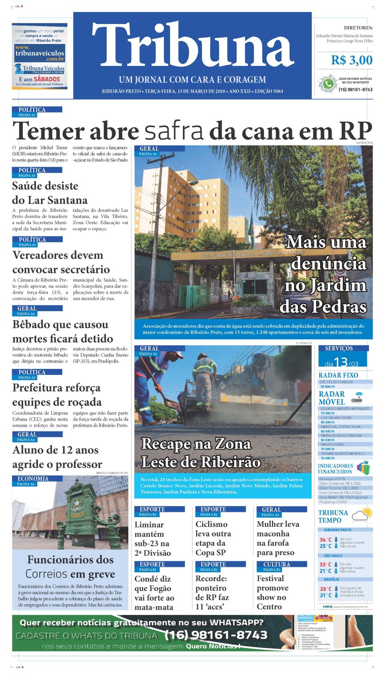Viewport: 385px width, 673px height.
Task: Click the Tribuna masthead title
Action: (192, 45)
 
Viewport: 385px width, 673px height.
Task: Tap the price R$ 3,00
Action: (351, 60)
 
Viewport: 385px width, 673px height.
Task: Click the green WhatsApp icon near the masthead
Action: (328, 84)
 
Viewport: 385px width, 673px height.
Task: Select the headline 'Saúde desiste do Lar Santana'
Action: (50, 193)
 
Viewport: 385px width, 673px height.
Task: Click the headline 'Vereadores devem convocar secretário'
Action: (61, 262)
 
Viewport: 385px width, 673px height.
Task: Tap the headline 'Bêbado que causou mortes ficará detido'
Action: (63, 331)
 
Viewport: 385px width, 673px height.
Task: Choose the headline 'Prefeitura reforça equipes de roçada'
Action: (57, 395)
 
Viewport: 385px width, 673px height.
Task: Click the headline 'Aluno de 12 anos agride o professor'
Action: (57, 457)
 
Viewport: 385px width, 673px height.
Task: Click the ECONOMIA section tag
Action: (33, 479)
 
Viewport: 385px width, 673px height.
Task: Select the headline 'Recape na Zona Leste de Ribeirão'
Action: (201, 453)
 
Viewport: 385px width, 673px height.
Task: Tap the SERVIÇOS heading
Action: (339, 349)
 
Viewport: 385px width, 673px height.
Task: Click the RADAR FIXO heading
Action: (338, 375)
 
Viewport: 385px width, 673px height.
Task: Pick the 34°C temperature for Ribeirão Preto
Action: (325, 540)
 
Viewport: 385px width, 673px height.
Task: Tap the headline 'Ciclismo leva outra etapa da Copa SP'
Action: (213, 538)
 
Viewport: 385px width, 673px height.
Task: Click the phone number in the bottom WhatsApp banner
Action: (216, 635)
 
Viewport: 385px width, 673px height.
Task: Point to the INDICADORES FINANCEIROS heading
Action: (335, 469)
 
